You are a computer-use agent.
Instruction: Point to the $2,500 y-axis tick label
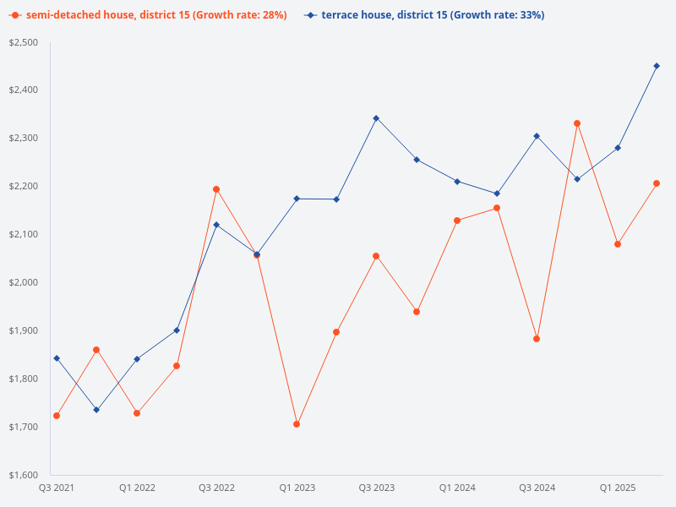pos(24,42)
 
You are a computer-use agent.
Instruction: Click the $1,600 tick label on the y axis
pos(24,475)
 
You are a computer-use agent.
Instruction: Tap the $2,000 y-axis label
pos(24,282)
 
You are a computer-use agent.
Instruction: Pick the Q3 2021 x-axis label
pos(56,488)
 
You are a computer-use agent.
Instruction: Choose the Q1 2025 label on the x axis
pos(618,488)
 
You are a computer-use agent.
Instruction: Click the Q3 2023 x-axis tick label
pos(377,488)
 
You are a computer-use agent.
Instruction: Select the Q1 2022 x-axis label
pos(137,488)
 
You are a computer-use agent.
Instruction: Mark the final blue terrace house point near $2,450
pos(657,66)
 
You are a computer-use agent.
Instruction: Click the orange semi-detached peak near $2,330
pos(577,123)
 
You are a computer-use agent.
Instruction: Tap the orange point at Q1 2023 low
pos(297,424)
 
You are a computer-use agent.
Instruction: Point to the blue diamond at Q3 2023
pos(376,118)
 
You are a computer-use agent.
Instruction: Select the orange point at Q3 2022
pos(216,189)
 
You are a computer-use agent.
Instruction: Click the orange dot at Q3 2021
pos(57,416)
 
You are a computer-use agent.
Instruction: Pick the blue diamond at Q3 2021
pos(57,358)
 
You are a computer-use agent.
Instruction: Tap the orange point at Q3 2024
pos(537,339)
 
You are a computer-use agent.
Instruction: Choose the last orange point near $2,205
pos(657,183)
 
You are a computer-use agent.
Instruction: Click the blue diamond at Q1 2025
pos(618,148)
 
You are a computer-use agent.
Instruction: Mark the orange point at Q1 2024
pos(457,221)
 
